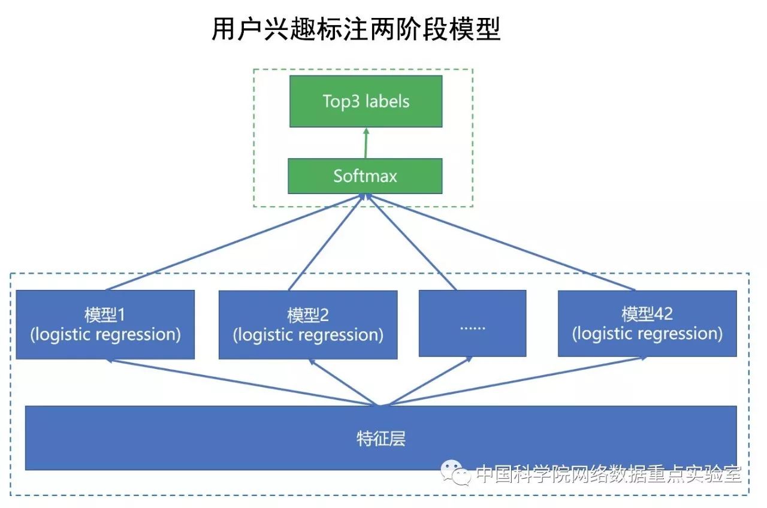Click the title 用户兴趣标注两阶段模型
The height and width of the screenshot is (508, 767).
(356, 29)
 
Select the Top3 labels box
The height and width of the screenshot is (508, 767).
(366, 101)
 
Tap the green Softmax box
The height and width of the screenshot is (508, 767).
(365, 176)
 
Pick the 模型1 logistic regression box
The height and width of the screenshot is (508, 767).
(105, 324)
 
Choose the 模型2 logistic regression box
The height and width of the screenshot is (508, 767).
(307, 324)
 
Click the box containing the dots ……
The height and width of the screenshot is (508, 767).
(472, 323)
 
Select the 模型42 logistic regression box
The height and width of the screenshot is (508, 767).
(647, 324)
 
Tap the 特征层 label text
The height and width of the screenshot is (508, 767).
(381, 439)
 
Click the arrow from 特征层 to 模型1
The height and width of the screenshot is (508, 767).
(240, 383)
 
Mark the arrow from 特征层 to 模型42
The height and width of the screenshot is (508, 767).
(515, 383)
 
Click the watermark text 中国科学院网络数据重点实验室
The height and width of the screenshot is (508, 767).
(608, 474)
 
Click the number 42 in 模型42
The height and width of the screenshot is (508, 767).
(664, 314)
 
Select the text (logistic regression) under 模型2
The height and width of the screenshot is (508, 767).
(307, 334)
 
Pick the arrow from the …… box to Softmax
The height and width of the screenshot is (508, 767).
(413, 242)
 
